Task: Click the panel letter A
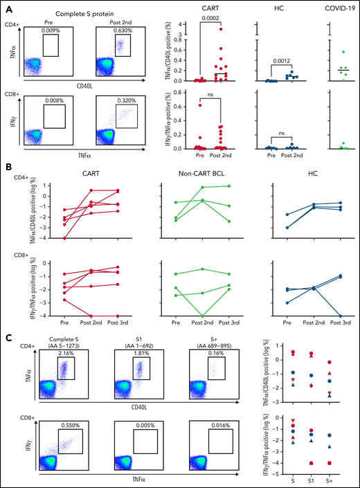pyautogui.click(x=5, y=5)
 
